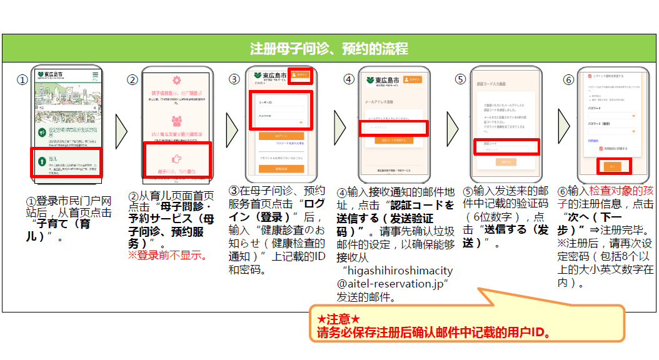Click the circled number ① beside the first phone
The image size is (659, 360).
(22, 80)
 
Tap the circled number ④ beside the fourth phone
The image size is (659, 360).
(349, 79)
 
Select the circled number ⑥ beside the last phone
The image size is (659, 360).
(568, 80)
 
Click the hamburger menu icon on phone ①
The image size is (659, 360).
(95, 76)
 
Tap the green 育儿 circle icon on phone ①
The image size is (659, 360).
(43, 161)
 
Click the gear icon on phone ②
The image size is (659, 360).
(176, 81)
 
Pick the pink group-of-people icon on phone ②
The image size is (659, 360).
(176, 121)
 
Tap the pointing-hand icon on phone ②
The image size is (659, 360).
(176, 159)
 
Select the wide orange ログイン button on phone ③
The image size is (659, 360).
(281, 135)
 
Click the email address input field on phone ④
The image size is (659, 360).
(393, 127)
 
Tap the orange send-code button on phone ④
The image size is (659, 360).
(393, 141)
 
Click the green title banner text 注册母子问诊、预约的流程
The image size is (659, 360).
(329, 48)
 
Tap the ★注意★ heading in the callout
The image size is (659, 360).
(339, 319)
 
